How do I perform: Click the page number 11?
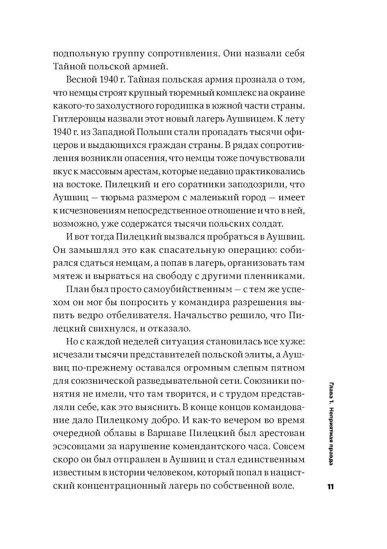pyautogui.click(x=330, y=487)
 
